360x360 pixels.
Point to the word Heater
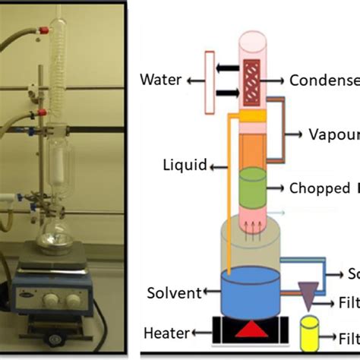tap(166, 332)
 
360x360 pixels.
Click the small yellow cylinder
tap(312, 335)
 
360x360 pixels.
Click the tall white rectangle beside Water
tap(204, 78)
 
